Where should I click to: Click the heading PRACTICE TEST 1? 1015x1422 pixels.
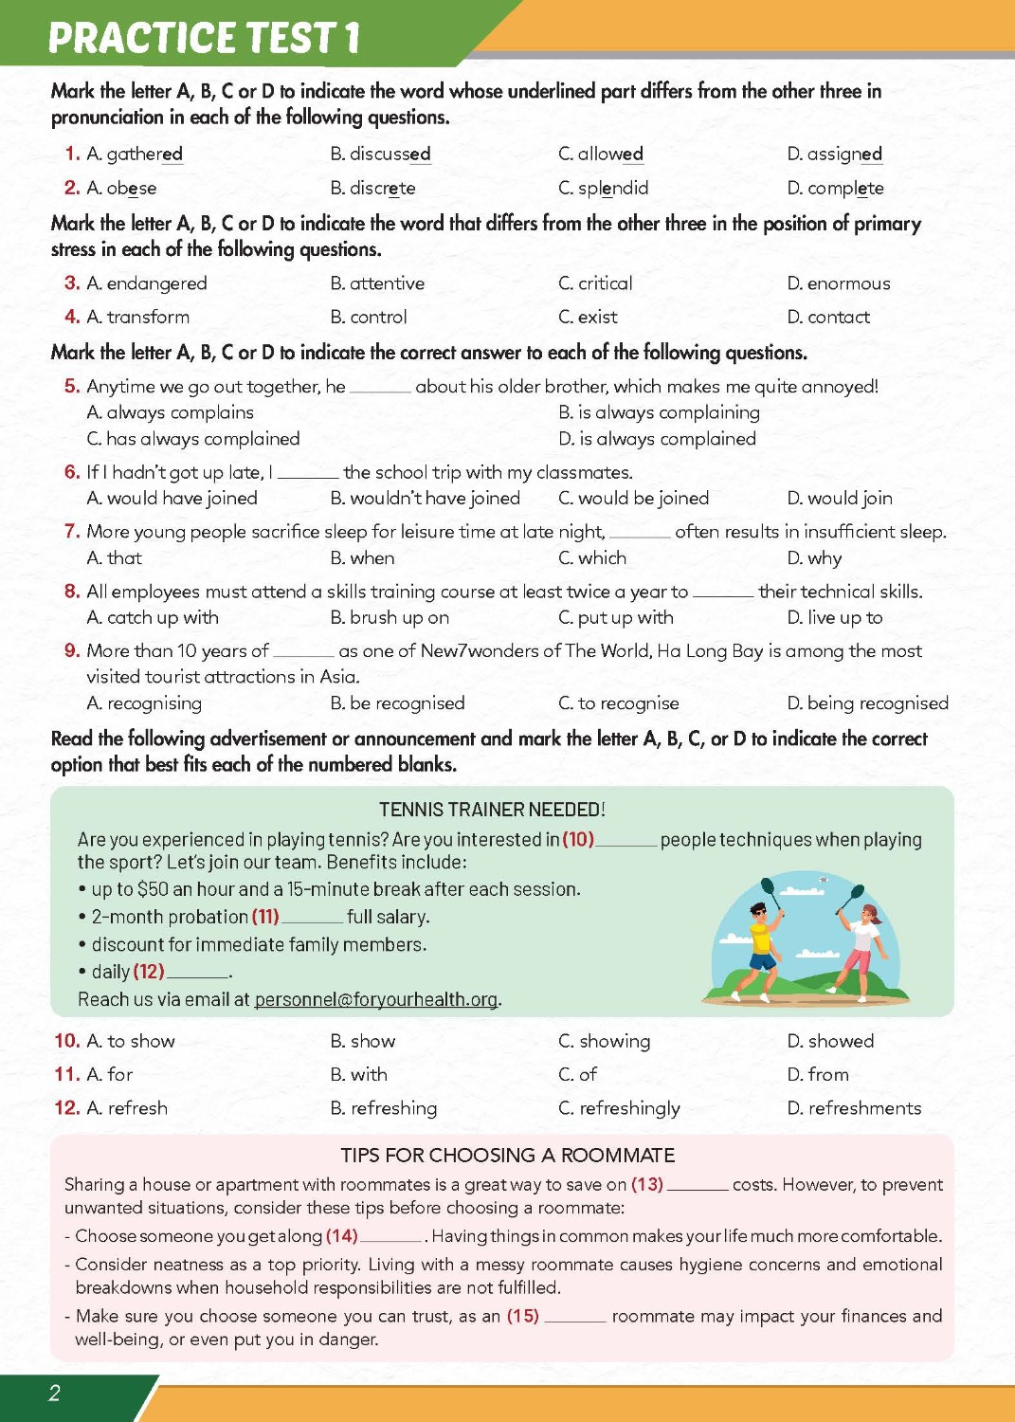click(x=204, y=38)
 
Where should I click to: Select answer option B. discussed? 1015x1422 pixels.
click(x=380, y=154)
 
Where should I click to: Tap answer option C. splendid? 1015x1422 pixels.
click(x=603, y=188)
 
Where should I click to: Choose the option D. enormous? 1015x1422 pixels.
click(x=838, y=283)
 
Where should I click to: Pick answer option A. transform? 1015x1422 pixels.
click(x=137, y=317)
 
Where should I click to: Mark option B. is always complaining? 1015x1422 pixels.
click(x=659, y=412)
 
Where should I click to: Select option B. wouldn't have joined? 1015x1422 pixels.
click(x=425, y=498)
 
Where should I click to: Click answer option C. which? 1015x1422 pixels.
click(x=591, y=557)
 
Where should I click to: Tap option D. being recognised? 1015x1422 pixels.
click(x=867, y=702)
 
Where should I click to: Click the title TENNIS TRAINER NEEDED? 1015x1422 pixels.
click(x=492, y=810)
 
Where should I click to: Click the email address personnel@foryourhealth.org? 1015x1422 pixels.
click(x=376, y=999)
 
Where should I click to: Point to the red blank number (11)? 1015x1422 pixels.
click(x=265, y=917)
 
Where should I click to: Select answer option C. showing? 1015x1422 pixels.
click(x=604, y=1041)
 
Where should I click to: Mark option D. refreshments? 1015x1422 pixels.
click(x=853, y=1108)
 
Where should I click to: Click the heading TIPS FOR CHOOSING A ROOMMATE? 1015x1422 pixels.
click(x=508, y=1156)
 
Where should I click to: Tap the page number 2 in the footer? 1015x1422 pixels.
click(x=54, y=1393)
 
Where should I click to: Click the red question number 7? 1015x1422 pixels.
click(x=72, y=531)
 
